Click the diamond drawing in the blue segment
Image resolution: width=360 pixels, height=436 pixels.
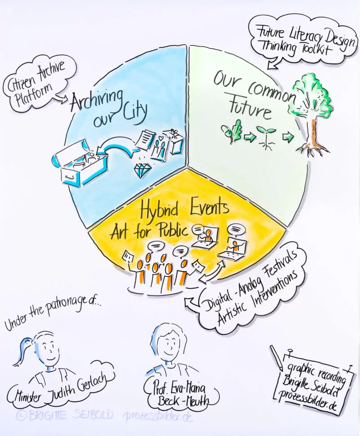coord(142,170)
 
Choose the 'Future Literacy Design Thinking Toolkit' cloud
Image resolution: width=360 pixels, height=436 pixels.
coord(302,41)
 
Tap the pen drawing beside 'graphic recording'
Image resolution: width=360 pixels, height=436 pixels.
coord(276,358)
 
